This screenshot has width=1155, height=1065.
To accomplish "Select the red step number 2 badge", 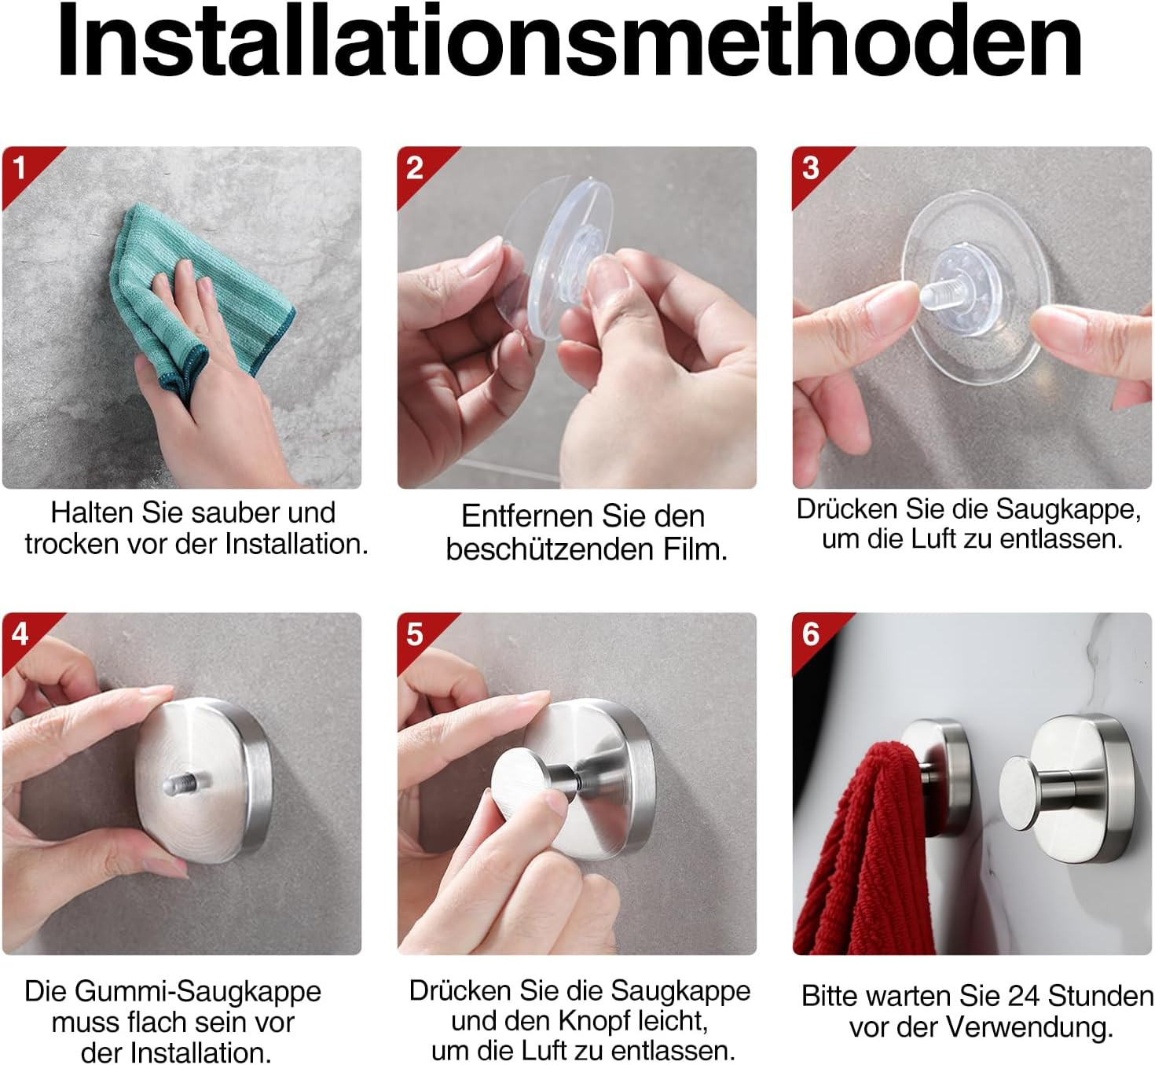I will (415, 167).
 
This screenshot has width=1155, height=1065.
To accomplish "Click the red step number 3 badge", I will (810, 167).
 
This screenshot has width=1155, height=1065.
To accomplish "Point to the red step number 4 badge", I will (20, 633).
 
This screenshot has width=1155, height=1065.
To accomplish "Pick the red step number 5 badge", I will (415, 633).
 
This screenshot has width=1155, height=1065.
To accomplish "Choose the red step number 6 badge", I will (810, 633).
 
